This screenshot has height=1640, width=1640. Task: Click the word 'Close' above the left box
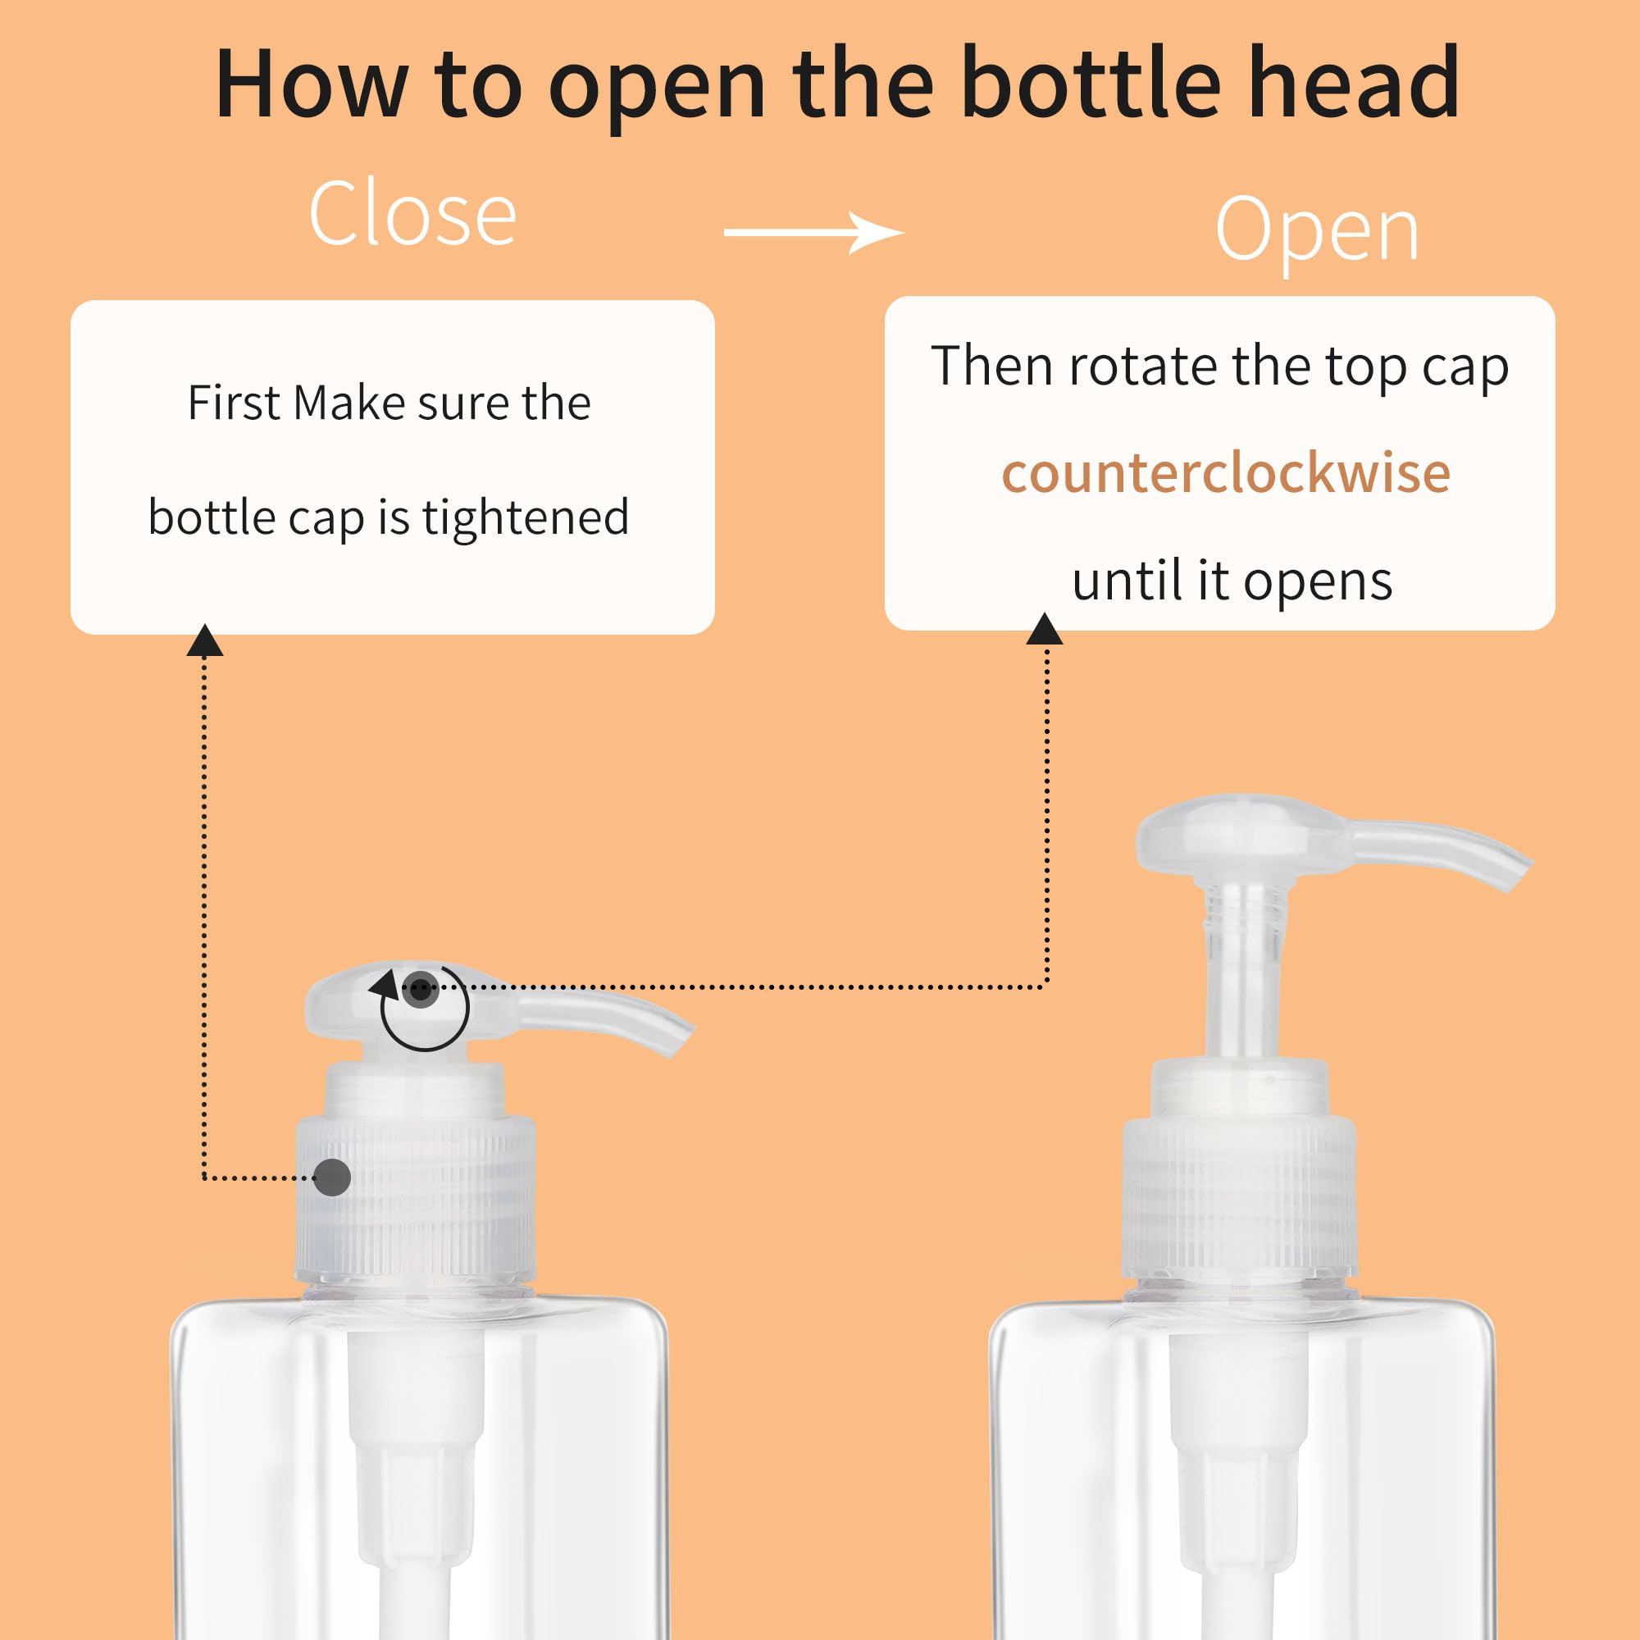pos(412,214)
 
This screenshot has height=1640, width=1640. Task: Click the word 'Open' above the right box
pos(1317,231)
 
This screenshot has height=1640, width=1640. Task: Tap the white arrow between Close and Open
pos(813,232)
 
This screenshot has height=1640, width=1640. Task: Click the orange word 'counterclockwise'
pos(1226,473)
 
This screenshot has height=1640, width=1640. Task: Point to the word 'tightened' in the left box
pos(526,517)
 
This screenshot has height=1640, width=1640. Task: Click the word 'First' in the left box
pos(233,403)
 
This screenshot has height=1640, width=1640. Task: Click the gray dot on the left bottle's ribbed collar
pos(332,1178)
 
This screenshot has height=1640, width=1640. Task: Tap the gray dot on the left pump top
pos(420,988)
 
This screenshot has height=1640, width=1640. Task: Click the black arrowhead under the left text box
pos(204,642)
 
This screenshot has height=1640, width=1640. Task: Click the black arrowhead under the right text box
pos(1044,630)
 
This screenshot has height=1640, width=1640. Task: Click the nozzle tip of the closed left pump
pos(679,1039)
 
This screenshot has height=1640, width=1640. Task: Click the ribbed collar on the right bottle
pos(1239,1197)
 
